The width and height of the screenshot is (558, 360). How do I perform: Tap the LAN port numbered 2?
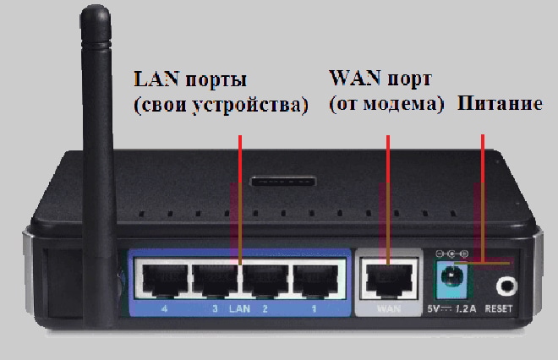click(x=265, y=279)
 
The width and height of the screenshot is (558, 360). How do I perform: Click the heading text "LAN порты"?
click(x=190, y=81)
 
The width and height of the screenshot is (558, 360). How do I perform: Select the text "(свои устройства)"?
click(x=219, y=108)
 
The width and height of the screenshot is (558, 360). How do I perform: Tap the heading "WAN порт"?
click(x=380, y=80)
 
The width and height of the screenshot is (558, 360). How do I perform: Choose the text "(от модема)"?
click(x=386, y=106)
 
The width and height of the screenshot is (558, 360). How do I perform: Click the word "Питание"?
click(x=499, y=104)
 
